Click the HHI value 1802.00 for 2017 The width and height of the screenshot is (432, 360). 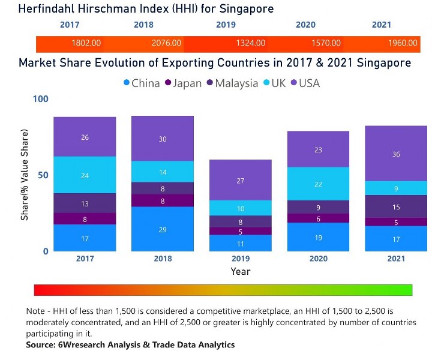[x=86, y=43]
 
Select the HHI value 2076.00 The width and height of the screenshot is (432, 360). [x=166, y=43]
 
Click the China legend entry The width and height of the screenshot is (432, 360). [x=142, y=83]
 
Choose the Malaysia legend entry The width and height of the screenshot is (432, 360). [x=233, y=83]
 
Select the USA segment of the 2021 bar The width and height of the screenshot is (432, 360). [x=396, y=154]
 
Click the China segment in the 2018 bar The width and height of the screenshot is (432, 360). [x=163, y=229]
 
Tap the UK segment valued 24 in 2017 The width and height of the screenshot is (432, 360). [x=85, y=175]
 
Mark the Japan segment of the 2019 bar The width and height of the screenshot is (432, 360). [x=241, y=231]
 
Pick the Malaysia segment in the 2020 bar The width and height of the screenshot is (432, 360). [x=318, y=207]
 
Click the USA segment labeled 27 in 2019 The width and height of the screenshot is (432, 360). [x=241, y=180]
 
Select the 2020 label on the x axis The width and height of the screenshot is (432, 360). [x=318, y=259]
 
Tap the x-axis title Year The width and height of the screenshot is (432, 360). [x=241, y=271]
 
